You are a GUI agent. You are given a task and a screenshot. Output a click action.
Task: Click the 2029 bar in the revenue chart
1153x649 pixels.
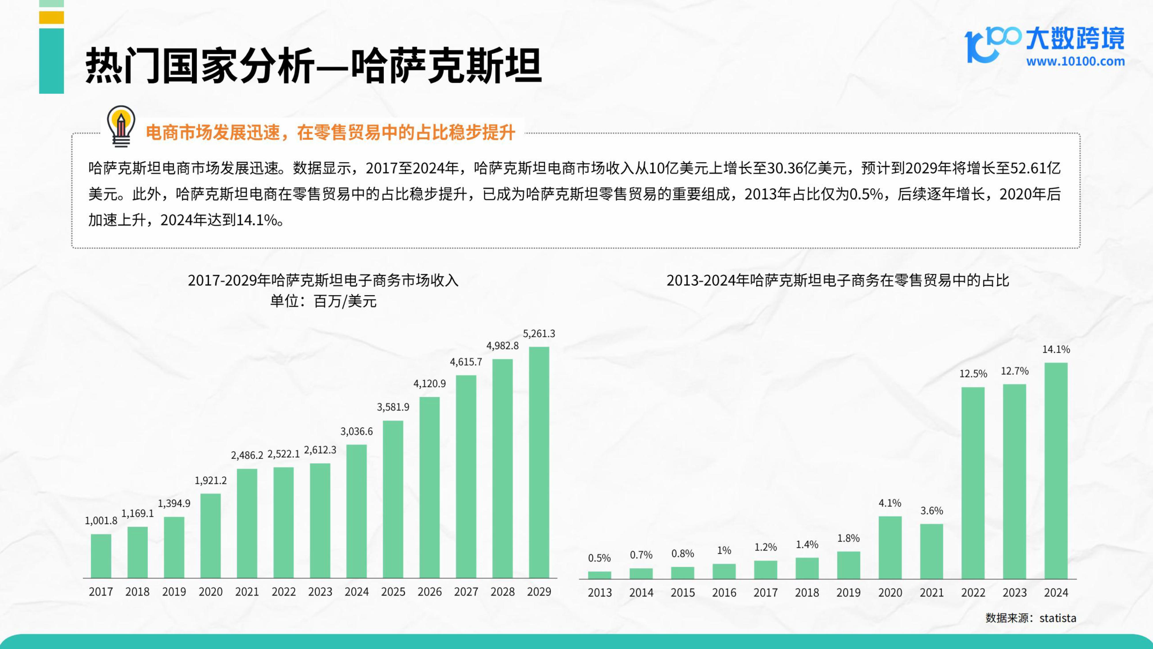click(539, 462)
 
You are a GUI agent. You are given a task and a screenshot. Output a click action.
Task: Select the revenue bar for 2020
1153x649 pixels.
click(210, 536)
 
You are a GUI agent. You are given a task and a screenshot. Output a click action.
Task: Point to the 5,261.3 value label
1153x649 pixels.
click(539, 334)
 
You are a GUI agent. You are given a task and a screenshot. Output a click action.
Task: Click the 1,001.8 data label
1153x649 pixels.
click(101, 520)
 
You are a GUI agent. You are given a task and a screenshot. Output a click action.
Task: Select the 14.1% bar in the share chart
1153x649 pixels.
click(1056, 470)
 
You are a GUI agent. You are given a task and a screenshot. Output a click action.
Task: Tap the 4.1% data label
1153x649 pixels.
click(890, 503)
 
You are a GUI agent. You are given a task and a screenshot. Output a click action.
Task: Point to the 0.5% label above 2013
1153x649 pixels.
click(599, 558)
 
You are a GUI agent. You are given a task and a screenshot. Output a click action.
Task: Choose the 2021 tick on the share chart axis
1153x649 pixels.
click(931, 592)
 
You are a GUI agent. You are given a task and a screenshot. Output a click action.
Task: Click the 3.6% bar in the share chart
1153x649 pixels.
click(931, 551)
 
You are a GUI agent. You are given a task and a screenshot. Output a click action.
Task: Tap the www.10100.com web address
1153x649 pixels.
click(1075, 61)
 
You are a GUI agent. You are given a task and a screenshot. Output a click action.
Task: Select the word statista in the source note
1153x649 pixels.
click(1058, 618)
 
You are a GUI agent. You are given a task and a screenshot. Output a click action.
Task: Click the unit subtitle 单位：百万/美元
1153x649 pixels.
click(323, 301)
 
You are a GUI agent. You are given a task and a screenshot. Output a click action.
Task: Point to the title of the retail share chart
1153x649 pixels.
click(837, 280)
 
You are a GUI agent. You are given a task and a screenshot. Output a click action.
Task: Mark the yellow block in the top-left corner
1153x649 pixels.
click(52, 18)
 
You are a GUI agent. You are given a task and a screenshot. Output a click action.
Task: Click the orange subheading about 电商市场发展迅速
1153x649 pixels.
click(330, 133)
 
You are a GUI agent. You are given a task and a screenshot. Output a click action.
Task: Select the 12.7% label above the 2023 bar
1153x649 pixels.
click(1015, 371)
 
